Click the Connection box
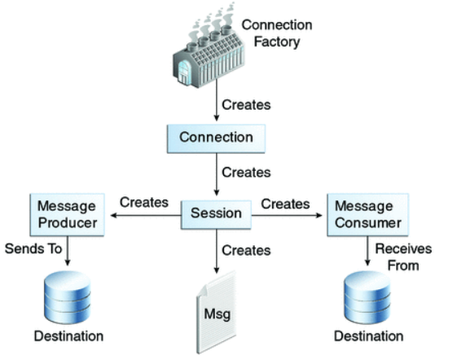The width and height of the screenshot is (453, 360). pyautogui.click(x=216, y=138)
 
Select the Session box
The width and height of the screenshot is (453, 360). pyautogui.click(x=216, y=215)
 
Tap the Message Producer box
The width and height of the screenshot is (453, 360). pyautogui.click(x=68, y=215)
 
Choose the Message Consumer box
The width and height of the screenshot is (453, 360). pyautogui.click(x=367, y=215)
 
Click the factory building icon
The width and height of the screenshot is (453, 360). pyautogui.click(x=209, y=46)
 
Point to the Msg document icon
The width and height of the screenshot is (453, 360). pyautogui.click(x=217, y=313)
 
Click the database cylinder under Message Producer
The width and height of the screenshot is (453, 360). pyautogui.click(x=68, y=297)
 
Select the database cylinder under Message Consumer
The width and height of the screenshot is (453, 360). pyautogui.click(x=367, y=297)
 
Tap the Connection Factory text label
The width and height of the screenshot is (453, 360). pyautogui.click(x=277, y=33)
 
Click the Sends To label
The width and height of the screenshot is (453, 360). pyautogui.click(x=33, y=249)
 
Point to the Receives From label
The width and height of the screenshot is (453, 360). pyautogui.click(x=403, y=257)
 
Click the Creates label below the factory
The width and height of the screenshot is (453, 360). pyautogui.click(x=246, y=105)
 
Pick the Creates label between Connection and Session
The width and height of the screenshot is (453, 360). pyautogui.click(x=246, y=173)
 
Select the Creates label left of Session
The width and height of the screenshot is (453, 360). pyautogui.click(x=144, y=202)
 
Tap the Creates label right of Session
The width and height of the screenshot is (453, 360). pyautogui.click(x=285, y=204)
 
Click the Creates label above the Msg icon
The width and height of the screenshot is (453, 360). pyautogui.click(x=246, y=250)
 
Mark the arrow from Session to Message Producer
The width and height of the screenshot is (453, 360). pyautogui.click(x=146, y=215)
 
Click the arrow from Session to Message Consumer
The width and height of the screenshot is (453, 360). pyautogui.click(x=287, y=215)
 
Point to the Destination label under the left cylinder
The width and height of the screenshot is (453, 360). pyautogui.click(x=68, y=336)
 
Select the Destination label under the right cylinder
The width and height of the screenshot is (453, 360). pyautogui.click(x=368, y=336)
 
